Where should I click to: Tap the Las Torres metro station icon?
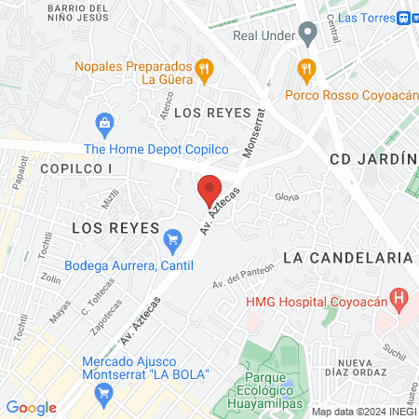tap(406, 17)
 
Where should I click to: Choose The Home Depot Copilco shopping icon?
tap(105, 122)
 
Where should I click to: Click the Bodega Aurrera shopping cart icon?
tap(171, 241)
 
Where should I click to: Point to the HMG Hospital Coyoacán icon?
tap(399, 300)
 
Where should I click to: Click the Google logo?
tap(31, 407)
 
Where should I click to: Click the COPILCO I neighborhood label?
tap(76, 169)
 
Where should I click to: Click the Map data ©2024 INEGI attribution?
tap(364, 412)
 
